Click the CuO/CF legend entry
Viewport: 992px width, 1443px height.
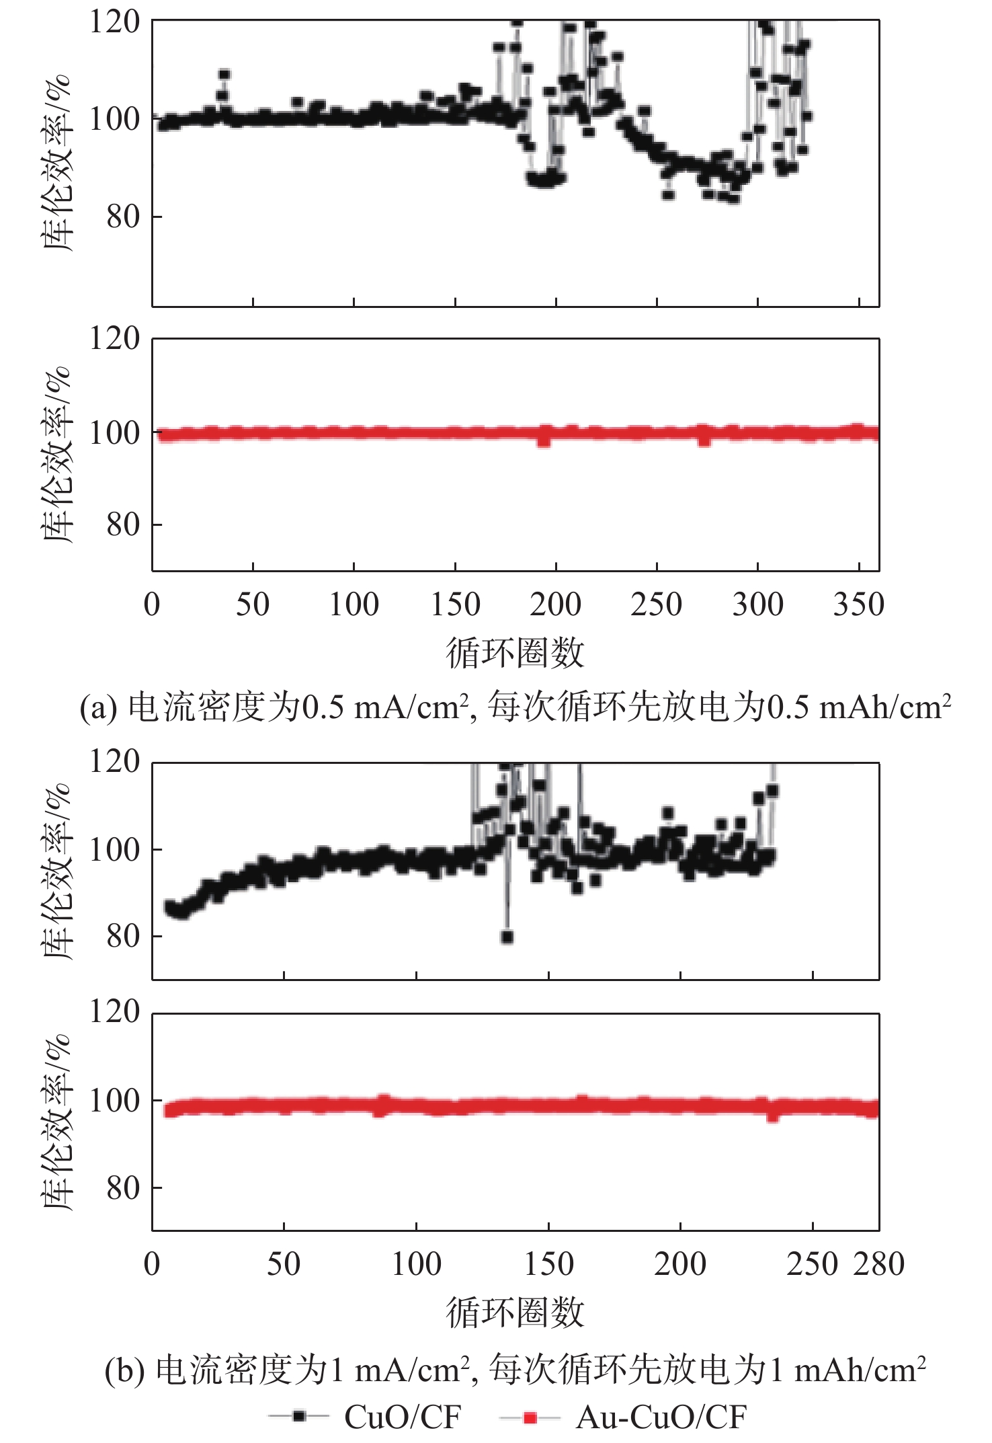click(x=402, y=1417)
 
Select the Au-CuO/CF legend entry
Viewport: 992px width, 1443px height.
click(x=661, y=1417)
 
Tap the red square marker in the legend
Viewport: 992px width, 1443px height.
click(x=530, y=1417)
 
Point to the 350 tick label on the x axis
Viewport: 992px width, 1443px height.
click(x=858, y=604)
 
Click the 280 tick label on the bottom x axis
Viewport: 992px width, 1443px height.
click(x=878, y=1264)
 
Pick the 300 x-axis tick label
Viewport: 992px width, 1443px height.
click(x=757, y=604)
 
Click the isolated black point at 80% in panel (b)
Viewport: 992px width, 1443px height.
click(x=507, y=937)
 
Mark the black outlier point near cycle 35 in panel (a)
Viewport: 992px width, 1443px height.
click(x=224, y=75)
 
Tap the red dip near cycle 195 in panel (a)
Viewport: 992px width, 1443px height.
click(x=544, y=440)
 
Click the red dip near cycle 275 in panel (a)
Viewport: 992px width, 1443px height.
click(x=704, y=440)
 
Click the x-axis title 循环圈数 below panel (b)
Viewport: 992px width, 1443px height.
click(x=515, y=1312)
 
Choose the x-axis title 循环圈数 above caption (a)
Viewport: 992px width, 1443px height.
click(x=515, y=653)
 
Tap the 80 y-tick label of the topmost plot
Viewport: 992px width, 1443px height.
click(x=123, y=217)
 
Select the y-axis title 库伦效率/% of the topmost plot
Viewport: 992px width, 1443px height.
click(x=56, y=163)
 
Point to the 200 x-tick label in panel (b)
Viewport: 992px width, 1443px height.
click(x=680, y=1264)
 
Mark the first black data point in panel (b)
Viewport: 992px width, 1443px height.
click(x=169, y=906)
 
